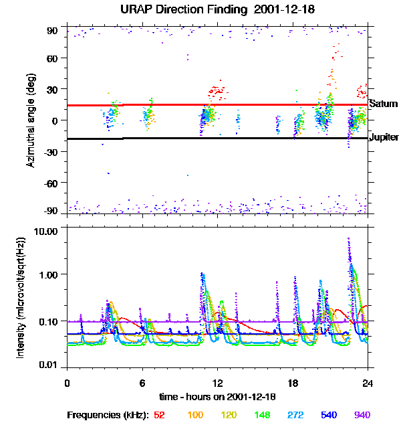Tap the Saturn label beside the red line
[x=384, y=104]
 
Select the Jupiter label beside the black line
[x=384, y=137]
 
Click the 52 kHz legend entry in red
[x=159, y=415]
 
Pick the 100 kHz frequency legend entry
[x=195, y=415]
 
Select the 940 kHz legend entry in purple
[x=362, y=415]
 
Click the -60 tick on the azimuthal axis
[x=51, y=182]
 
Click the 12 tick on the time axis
[x=217, y=383]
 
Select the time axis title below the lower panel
[x=217, y=397]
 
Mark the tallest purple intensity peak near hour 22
[x=348, y=239]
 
